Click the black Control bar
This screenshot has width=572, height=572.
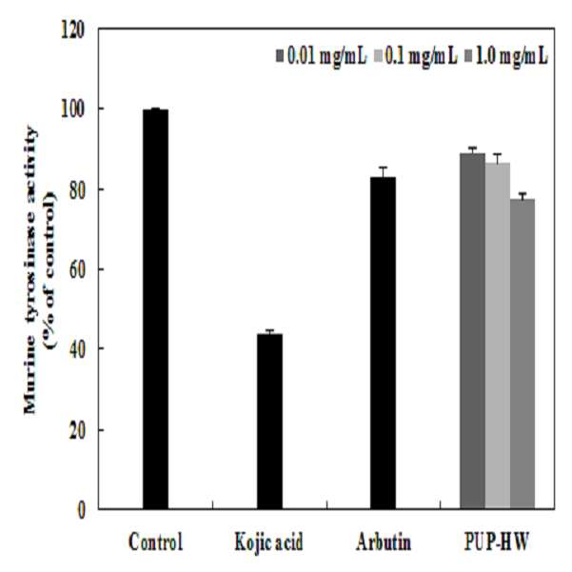[x=155, y=309]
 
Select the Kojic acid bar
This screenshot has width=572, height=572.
[x=269, y=422]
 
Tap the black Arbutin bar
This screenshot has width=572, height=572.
[x=383, y=343]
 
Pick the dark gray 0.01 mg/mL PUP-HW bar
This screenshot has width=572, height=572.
[x=472, y=331]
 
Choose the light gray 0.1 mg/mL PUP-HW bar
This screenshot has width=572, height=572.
[x=498, y=336]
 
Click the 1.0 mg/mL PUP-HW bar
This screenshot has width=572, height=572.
[x=523, y=354]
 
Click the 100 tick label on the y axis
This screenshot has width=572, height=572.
[x=73, y=109]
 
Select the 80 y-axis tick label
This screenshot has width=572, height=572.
[x=77, y=189]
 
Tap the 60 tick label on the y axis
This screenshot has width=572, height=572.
[x=77, y=269]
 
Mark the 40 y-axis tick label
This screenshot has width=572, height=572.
[x=77, y=349]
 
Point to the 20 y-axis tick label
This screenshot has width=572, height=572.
[x=77, y=429]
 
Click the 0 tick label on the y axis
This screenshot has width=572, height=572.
[x=82, y=510]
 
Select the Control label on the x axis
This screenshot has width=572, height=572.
[x=155, y=542]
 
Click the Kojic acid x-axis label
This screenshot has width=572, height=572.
[x=268, y=542]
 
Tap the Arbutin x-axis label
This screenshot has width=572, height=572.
[x=384, y=542]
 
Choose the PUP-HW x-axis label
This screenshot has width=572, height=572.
[x=497, y=542]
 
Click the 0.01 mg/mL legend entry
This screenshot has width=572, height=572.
[x=322, y=57]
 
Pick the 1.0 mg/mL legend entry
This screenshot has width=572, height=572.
[x=507, y=57]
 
